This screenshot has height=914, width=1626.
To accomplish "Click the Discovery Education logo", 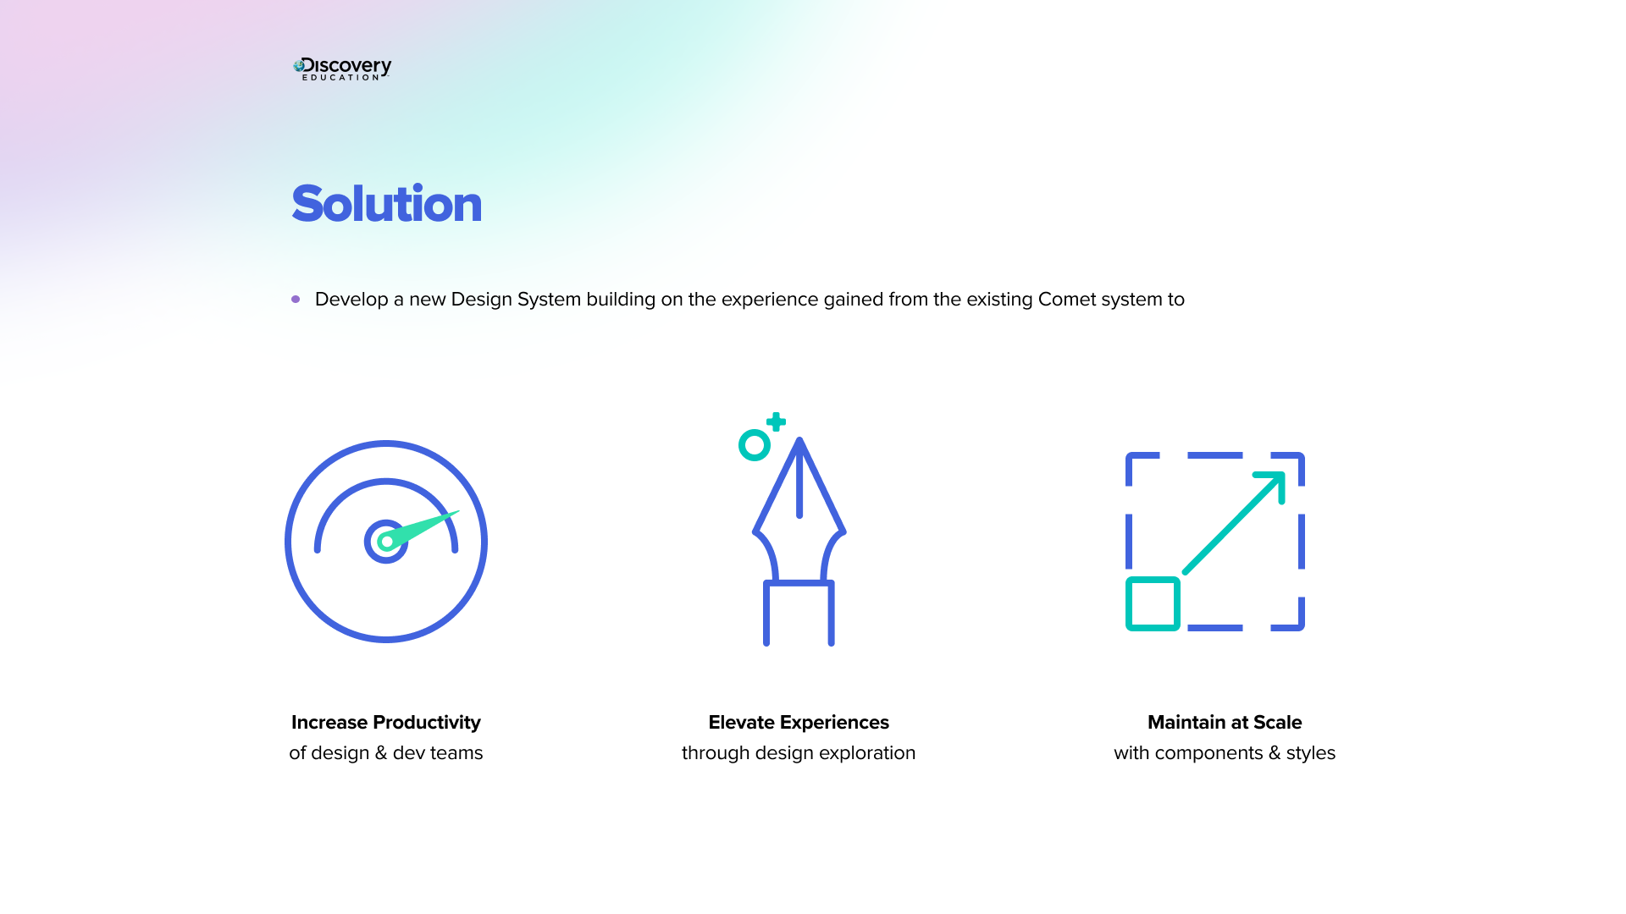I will click(342, 69).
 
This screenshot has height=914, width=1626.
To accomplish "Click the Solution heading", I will click(386, 204).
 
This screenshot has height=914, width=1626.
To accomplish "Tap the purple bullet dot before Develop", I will click(296, 300).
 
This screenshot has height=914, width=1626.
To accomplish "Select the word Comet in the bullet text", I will click(1067, 300).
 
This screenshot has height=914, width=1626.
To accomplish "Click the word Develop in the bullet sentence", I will click(351, 300).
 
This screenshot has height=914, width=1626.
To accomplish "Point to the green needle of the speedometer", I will click(428, 526).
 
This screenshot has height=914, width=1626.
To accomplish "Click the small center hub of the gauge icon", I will click(386, 542).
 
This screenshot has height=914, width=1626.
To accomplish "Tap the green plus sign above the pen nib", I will click(776, 421).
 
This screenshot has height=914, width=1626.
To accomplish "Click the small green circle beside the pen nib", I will click(754, 445).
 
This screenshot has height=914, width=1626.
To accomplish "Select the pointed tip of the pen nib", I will click(799, 442).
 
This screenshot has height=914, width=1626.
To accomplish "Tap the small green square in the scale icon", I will click(1153, 603).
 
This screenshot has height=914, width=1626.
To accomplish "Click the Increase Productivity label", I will click(386, 723).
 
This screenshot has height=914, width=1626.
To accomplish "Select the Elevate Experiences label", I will click(799, 723).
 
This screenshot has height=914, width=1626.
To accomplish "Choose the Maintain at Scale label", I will click(1225, 723).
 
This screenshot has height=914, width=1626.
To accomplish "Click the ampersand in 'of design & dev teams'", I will click(381, 753).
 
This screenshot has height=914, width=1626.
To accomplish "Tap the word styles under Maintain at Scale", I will click(1310, 753).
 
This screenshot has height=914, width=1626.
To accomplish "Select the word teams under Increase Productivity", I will click(456, 753).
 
